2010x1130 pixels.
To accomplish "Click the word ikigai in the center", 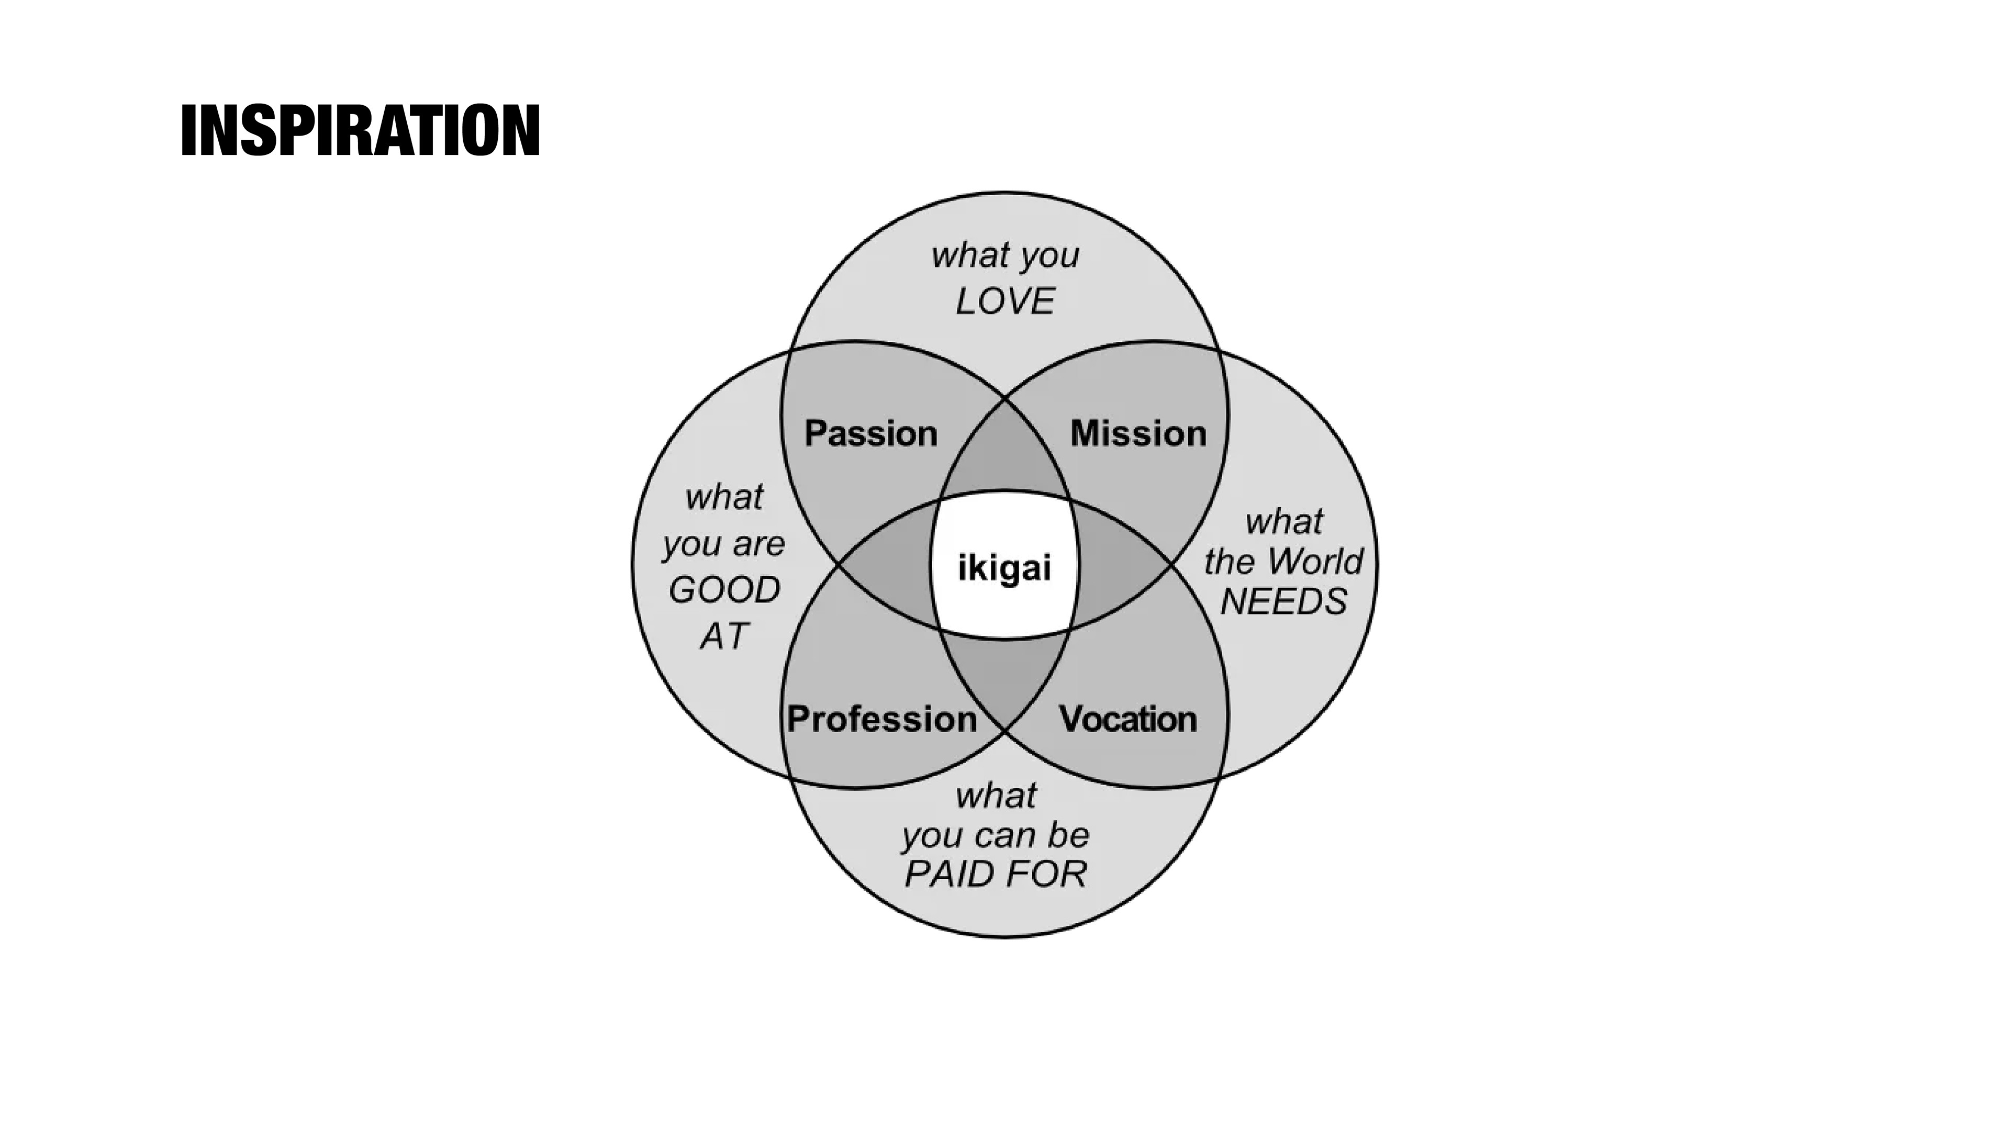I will point(1004,568).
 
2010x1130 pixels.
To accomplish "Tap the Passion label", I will point(871,433).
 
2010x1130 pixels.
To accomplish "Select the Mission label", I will point(1137,433).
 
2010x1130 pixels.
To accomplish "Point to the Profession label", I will point(881,719).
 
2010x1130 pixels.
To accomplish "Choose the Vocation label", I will point(1127,719).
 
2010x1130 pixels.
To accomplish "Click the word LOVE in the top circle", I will point(1005,301).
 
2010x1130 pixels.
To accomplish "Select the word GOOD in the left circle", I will point(724,590).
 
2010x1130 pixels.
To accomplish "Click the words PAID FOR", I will point(996,874).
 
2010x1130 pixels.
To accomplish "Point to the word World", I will point(1315,561).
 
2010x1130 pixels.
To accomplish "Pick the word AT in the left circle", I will point(724,636).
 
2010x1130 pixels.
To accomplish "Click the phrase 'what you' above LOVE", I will point(1005,255).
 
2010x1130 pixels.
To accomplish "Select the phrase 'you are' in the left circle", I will point(723,544).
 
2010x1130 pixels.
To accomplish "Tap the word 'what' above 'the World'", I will point(1283,521).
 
